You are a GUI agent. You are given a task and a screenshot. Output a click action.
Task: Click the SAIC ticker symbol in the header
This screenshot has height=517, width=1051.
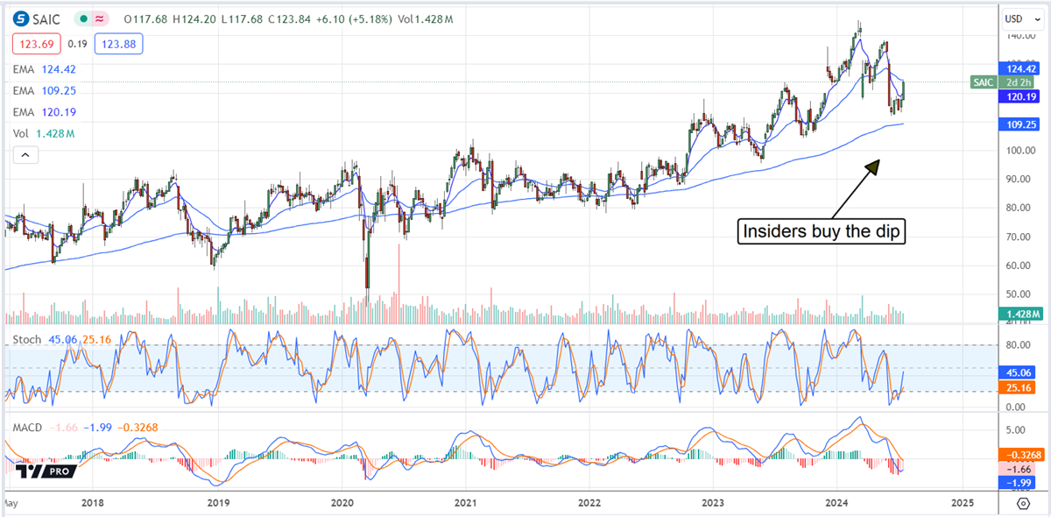46,18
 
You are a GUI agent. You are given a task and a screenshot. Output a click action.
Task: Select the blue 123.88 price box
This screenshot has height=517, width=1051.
120,44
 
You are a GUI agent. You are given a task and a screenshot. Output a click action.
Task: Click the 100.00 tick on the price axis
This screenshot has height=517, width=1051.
1016,151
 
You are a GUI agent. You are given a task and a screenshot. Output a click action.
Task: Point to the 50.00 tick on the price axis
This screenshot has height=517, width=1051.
1016,294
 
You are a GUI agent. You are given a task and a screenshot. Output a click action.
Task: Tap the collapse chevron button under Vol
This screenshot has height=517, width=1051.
25,155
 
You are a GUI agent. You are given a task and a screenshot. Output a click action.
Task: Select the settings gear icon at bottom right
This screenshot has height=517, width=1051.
1023,503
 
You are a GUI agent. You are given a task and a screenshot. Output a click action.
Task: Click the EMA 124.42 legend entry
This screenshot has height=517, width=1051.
45,67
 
